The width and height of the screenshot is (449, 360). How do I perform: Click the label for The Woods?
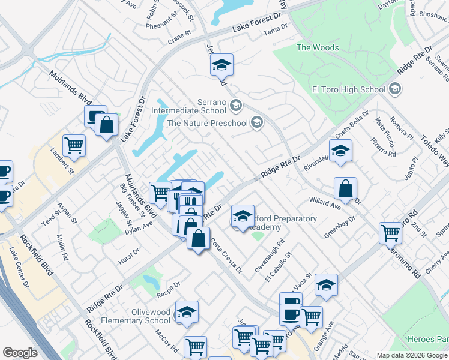[318, 47]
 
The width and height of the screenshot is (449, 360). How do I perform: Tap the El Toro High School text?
[348, 89]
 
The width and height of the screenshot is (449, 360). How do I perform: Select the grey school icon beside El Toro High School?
[394, 89]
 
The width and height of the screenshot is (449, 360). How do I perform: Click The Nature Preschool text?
[207, 123]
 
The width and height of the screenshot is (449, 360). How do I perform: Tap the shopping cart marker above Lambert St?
[74, 145]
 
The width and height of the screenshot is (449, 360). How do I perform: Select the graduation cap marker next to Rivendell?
[340, 151]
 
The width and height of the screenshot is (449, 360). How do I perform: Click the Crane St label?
[179, 38]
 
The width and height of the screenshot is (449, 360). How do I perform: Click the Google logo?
[20, 353]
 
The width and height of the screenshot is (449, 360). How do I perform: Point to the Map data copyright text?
[412, 355]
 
